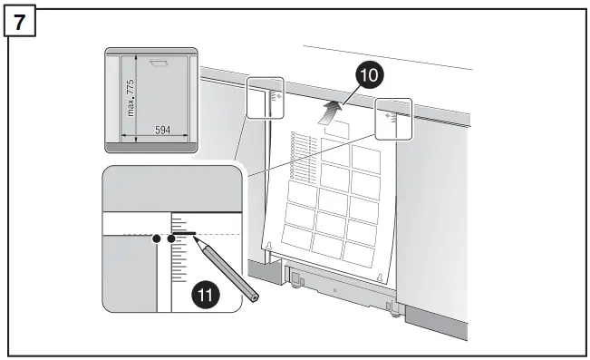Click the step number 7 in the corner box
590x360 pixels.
(20, 19)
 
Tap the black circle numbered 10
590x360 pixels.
(367, 76)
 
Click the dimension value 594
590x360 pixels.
(162, 131)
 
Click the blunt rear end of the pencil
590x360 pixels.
(255, 297)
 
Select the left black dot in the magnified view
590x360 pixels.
(157, 238)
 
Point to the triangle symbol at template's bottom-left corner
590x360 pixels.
(268, 246)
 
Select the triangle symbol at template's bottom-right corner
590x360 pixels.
(380, 278)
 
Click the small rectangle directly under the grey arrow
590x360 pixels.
(336, 131)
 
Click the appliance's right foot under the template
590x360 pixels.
(392, 313)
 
